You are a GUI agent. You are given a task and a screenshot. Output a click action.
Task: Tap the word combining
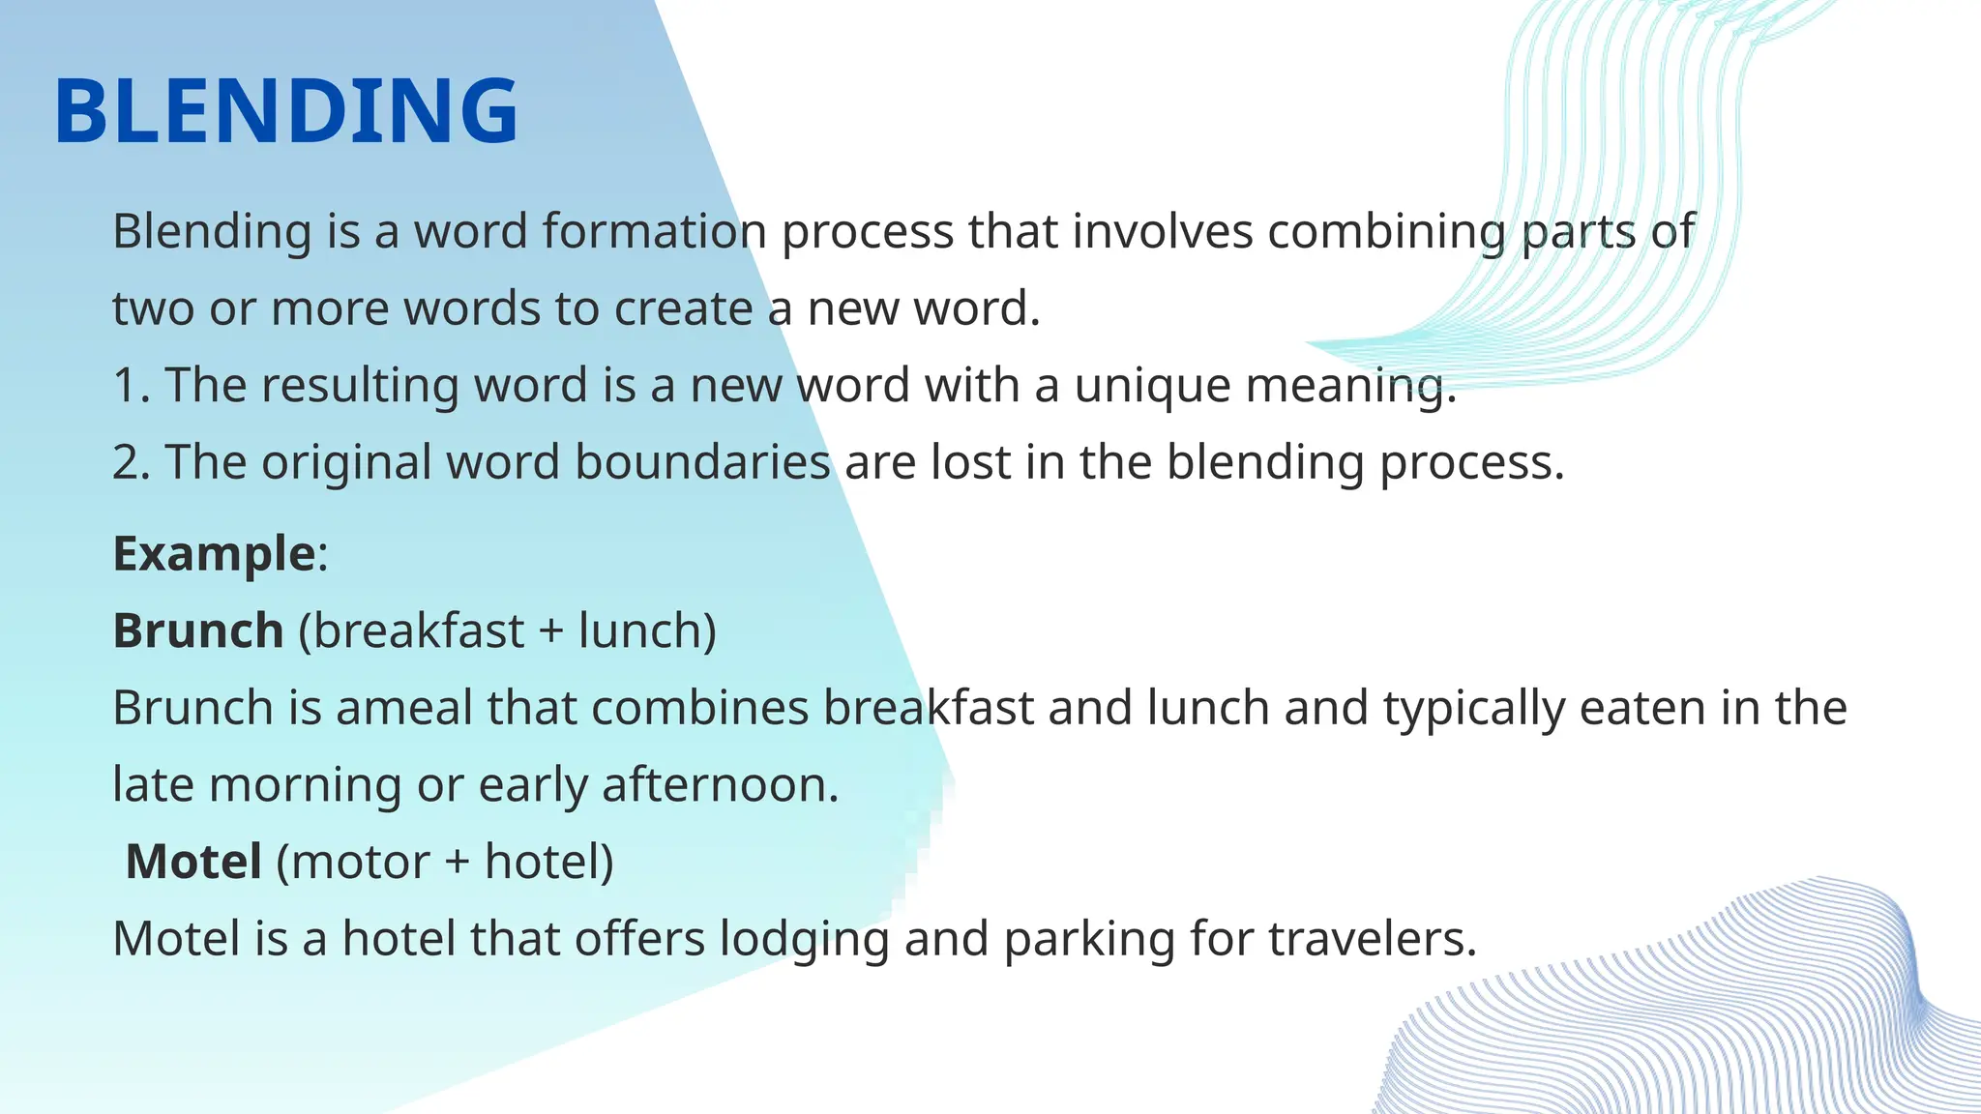coord(1386,231)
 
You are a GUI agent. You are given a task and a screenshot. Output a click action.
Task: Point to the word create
coord(683,308)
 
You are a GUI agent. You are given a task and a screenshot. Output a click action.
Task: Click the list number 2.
coord(130,462)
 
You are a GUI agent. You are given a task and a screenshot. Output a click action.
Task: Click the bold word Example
coord(214,554)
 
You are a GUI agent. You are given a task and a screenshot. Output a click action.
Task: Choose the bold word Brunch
coord(198,631)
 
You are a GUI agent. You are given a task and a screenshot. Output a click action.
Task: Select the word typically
coord(1473,708)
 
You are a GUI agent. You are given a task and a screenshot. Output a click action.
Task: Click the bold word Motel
coord(193,862)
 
